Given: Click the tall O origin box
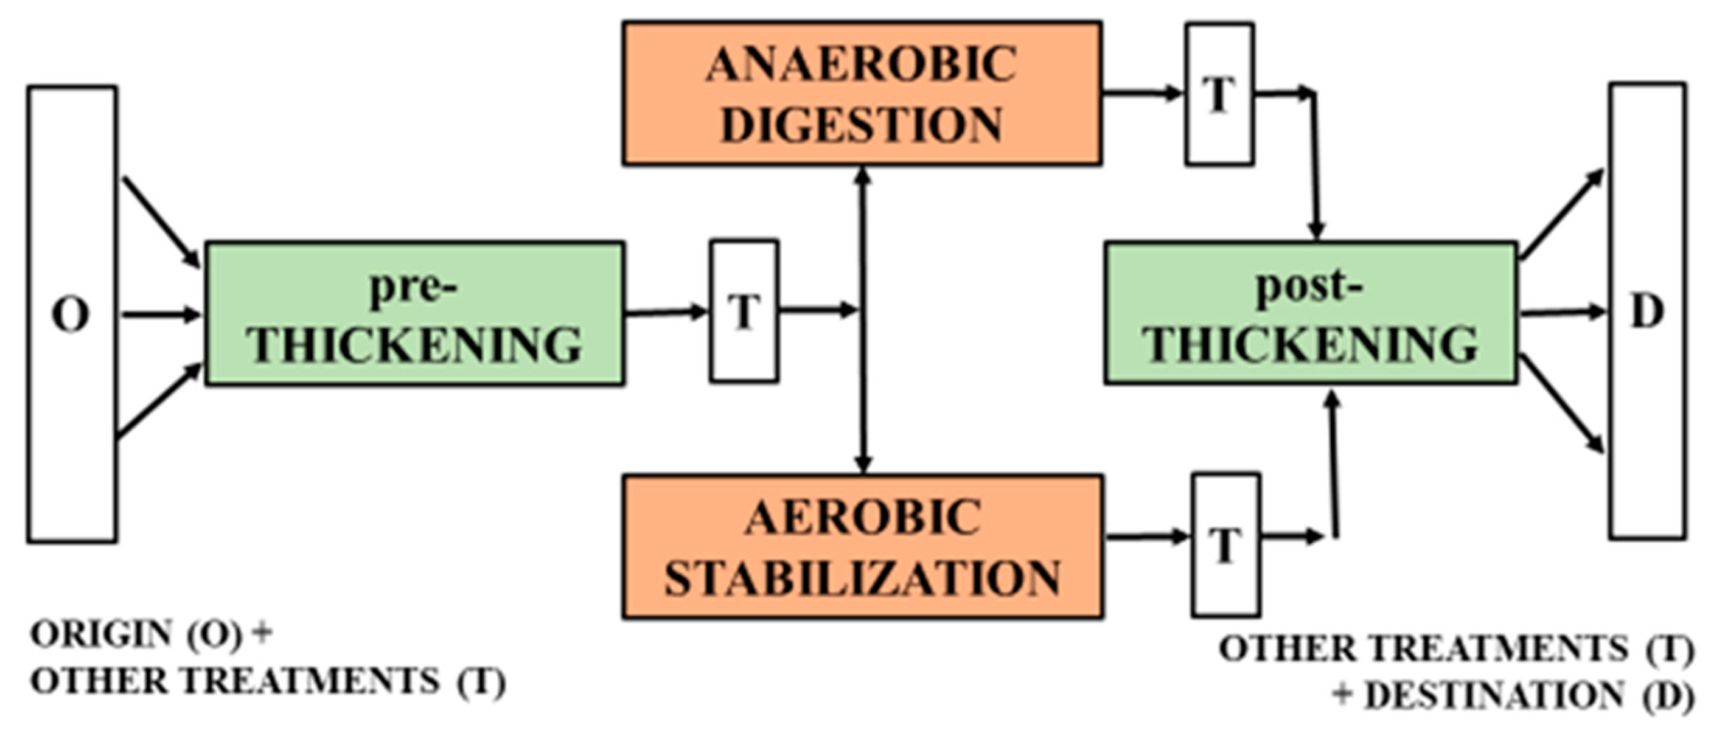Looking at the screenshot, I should [x=72, y=313].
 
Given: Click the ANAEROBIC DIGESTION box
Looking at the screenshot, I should [x=862, y=94].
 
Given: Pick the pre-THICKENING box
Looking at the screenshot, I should [x=414, y=313].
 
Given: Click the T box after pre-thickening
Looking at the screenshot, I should [x=744, y=311].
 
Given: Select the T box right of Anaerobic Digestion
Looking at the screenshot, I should [x=1219, y=94].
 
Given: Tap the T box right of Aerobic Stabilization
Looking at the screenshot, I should [x=1225, y=544].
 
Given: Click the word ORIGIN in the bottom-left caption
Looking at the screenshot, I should [x=100, y=634].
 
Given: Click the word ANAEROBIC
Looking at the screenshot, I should [x=862, y=65].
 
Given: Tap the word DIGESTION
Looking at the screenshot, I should [x=862, y=125].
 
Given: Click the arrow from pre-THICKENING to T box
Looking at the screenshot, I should [x=666, y=311].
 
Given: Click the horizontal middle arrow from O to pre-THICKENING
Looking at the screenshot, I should [x=161, y=314].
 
